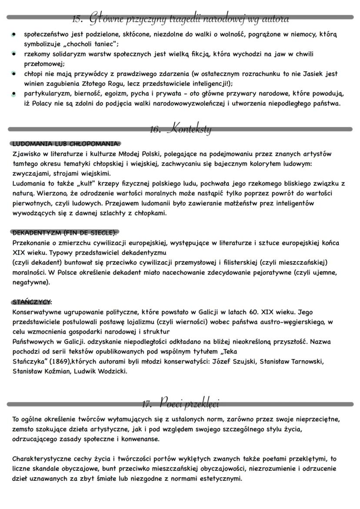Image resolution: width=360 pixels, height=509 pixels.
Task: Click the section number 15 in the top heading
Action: point(77,19)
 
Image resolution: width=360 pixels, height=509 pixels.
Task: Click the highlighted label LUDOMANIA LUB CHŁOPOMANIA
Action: point(66,143)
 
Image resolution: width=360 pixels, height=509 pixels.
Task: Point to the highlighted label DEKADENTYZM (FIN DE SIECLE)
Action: point(65,233)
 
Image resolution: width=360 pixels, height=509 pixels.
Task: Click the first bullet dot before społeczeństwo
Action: point(14,34)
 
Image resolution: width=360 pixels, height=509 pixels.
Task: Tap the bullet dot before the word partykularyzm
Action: point(14,93)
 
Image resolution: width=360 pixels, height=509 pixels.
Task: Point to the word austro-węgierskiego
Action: point(290,322)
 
